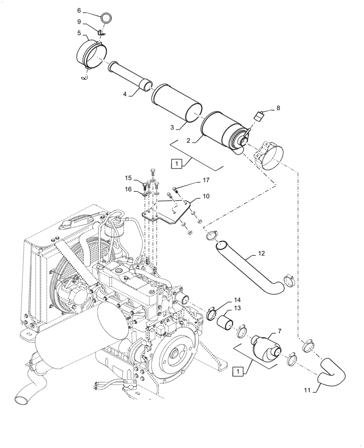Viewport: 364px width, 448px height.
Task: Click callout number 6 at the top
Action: click(x=79, y=10)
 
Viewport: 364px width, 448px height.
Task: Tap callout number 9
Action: click(x=79, y=21)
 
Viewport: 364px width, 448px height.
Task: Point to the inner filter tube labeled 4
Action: click(x=128, y=76)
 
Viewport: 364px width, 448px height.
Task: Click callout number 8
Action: click(x=278, y=108)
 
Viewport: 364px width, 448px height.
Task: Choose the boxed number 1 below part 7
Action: click(x=238, y=370)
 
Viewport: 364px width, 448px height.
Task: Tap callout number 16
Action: click(x=128, y=190)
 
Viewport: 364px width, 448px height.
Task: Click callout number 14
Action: click(x=237, y=299)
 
